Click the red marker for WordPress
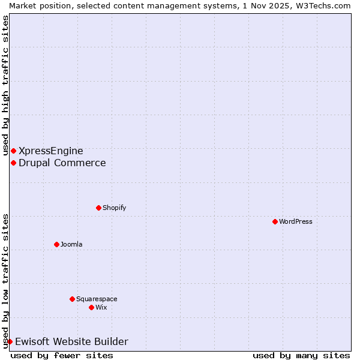point(275,221)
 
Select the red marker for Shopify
point(98,208)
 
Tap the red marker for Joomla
point(56,244)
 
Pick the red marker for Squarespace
point(72,299)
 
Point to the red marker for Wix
point(91,307)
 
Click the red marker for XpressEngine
point(13,151)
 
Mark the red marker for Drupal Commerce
point(13,163)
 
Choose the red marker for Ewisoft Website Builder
point(10,341)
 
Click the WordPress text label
point(296,221)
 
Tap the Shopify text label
point(114,208)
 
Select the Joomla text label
point(71,244)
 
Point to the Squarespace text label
point(97,299)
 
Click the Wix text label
point(101,307)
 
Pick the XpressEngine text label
point(51,151)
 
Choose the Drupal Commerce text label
point(62,163)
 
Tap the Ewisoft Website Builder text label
point(71,341)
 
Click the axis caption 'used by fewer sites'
point(62,355)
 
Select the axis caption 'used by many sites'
point(301,355)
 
